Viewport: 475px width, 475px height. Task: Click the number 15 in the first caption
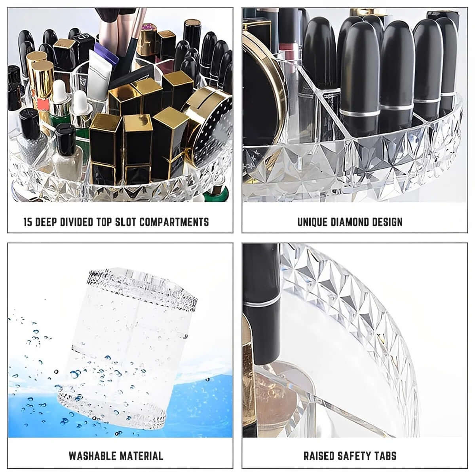28,222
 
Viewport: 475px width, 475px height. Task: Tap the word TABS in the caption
386,456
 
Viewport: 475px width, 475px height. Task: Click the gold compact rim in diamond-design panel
273,79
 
